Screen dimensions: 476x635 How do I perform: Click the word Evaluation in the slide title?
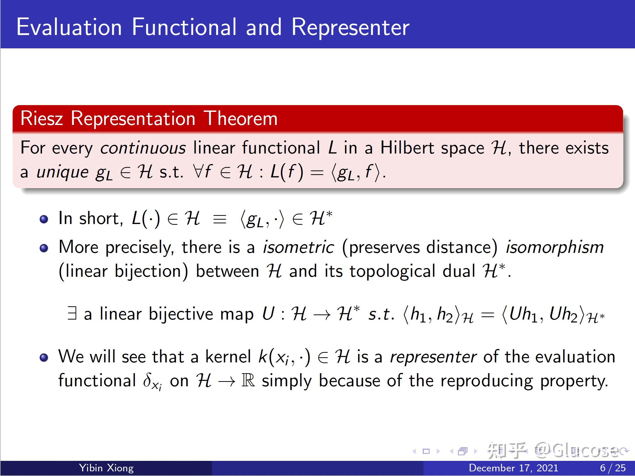point(69,27)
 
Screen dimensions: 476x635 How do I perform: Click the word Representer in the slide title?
point(350,27)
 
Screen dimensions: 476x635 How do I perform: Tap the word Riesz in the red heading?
point(42,119)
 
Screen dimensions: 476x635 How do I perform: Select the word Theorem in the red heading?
point(240,119)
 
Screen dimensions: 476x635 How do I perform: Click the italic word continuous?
point(143,148)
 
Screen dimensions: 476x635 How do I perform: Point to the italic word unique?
point(62,172)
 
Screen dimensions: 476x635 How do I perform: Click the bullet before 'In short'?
point(44,219)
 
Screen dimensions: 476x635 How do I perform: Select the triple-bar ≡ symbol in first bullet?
point(220,219)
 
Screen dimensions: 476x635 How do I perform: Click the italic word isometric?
point(298,247)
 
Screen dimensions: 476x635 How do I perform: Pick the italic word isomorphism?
point(554,247)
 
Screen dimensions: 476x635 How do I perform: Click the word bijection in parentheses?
point(148,271)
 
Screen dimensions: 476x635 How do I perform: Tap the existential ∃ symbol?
point(72,313)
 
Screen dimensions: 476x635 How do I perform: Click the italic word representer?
point(433,357)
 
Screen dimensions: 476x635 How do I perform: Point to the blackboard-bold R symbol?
point(248,380)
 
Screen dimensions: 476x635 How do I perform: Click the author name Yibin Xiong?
point(106,468)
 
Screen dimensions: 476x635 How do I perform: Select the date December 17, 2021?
point(514,468)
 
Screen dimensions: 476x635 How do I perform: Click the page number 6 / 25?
point(613,468)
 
